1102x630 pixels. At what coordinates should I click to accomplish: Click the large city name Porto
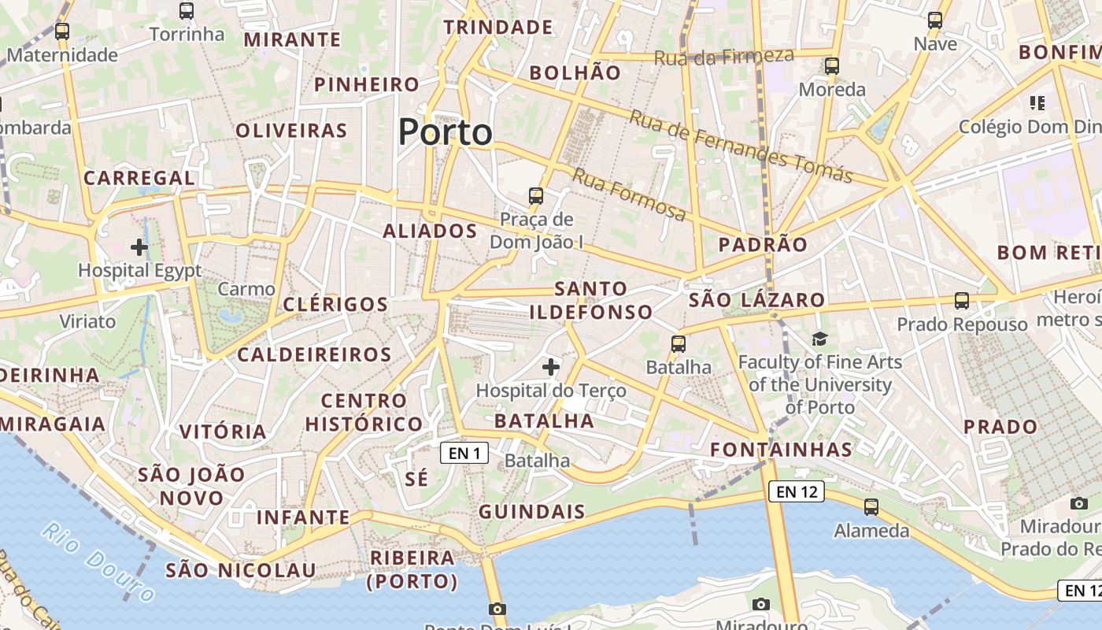pos(446,132)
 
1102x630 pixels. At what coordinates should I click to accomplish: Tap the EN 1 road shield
pos(464,453)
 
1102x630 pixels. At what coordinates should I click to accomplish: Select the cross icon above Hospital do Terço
pos(551,366)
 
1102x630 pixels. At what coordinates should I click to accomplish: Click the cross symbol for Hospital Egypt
pos(139,247)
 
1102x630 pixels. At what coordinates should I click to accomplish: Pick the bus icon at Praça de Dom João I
pos(536,195)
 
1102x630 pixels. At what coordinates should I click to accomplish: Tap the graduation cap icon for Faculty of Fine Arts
pos(819,339)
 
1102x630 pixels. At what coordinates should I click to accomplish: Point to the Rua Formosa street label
pos(628,194)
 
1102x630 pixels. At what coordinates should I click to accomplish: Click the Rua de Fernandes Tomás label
pos(740,146)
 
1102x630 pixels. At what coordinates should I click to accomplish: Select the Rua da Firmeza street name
pos(723,57)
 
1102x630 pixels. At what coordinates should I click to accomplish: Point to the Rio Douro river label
pos(98,561)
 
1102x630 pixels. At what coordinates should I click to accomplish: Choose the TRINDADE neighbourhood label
pos(498,28)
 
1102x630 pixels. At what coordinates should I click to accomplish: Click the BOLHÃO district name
pos(575,72)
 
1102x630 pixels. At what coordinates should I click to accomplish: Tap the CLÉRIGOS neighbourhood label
pos(335,304)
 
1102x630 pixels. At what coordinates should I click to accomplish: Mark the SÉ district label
pos(417,478)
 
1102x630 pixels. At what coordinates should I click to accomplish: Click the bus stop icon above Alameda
pos(871,507)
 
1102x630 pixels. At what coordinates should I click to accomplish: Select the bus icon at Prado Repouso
pos(961,300)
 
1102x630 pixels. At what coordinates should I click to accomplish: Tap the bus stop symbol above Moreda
pos(832,66)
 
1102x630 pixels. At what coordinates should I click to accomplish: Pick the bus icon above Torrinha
pos(187,11)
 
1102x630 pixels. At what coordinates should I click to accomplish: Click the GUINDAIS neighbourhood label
pos(532,511)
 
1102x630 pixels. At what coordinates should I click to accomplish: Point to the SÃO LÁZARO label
pos(756,299)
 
